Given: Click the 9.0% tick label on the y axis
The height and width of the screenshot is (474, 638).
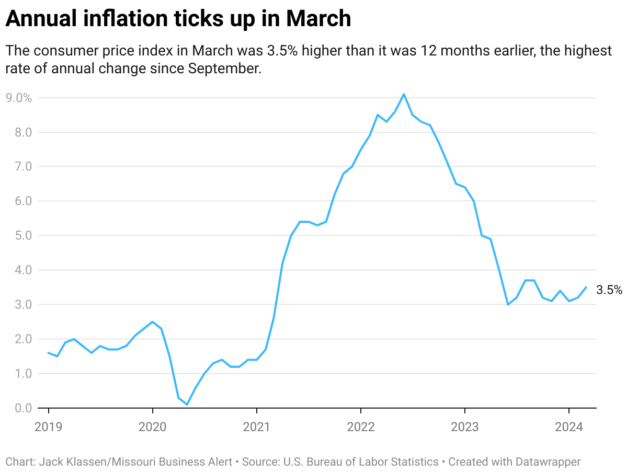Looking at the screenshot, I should (19, 98).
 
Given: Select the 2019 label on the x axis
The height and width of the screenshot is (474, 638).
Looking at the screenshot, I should (48, 427).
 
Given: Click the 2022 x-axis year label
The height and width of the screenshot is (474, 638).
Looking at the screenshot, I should (360, 427).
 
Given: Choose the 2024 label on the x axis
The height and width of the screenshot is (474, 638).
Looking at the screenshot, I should (568, 427).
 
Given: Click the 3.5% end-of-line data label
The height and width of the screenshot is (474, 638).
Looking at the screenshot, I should (609, 290).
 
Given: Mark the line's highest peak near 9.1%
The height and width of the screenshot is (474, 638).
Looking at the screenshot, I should (404, 94).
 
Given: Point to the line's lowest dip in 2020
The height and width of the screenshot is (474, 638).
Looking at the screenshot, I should (187, 404).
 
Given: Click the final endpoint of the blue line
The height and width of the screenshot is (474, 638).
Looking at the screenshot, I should (586, 287).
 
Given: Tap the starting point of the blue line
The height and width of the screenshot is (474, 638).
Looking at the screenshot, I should (49, 353).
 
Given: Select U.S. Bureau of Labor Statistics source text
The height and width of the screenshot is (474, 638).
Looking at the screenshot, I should (361, 462).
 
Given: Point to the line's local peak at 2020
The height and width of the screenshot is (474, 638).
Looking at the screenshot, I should (152, 322).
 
